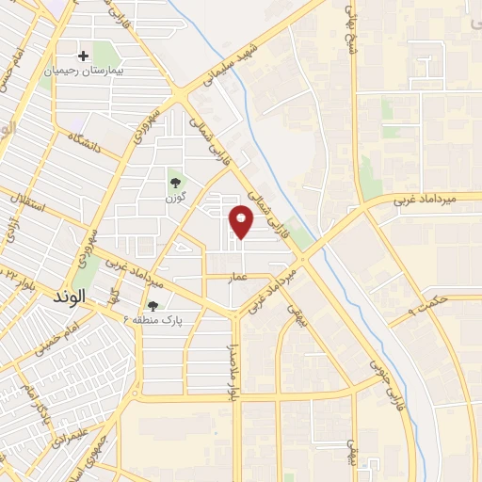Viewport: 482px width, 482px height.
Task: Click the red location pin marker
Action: pos(243,221)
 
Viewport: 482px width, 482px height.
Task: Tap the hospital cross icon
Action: pos(85,56)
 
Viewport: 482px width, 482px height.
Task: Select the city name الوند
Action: pos(71,295)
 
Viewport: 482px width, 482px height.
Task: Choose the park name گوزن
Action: pos(174,199)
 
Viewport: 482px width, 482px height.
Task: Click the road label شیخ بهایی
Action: pos(353,33)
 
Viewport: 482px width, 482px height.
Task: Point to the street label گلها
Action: pos(112,297)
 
